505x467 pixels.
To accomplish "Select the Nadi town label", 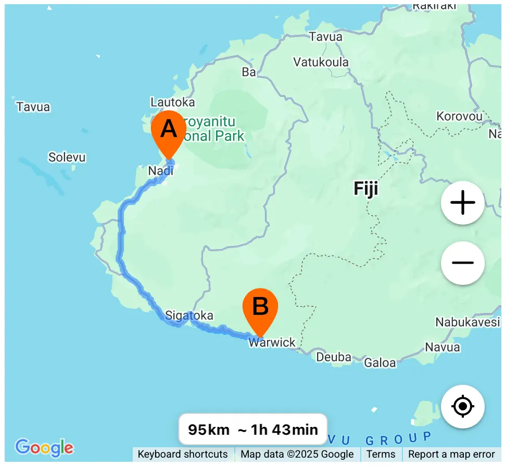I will tap(160, 171).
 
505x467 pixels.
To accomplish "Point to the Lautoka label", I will tap(172, 102).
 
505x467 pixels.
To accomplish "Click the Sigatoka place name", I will tap(189, 315).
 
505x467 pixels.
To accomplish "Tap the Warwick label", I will tap(272, 343).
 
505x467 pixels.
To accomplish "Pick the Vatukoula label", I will tap(321, 62).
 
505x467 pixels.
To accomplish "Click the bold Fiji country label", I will tap(366, 188).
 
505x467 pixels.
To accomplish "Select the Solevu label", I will tap(67, 157).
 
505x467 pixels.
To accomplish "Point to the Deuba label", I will tap(334, 357).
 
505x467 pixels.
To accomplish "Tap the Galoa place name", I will tap(380, 362).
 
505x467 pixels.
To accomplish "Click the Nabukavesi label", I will tap(467, 322).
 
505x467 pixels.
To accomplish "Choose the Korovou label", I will tap(460, 116).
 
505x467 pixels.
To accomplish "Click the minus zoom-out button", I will tap(462, 263).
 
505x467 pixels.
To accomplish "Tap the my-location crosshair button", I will tap(462, 406).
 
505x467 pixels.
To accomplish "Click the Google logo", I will tap(44, 447).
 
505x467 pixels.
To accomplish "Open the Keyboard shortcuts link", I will tap(183, 455).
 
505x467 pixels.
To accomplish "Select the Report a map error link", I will tap(451, 455).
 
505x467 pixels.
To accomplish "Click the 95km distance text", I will tap(209, 430).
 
